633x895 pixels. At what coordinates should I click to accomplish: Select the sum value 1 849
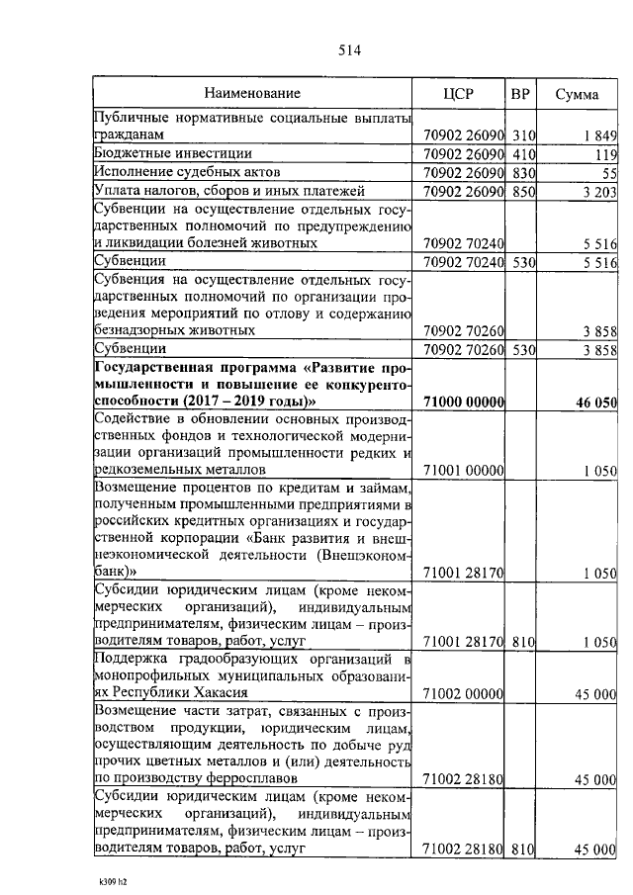click(599, 134)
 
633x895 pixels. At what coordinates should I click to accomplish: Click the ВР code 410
click(522, 153)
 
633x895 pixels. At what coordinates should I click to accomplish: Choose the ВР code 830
click(522, 172)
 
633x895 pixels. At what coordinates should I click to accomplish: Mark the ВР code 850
click(522, 191)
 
